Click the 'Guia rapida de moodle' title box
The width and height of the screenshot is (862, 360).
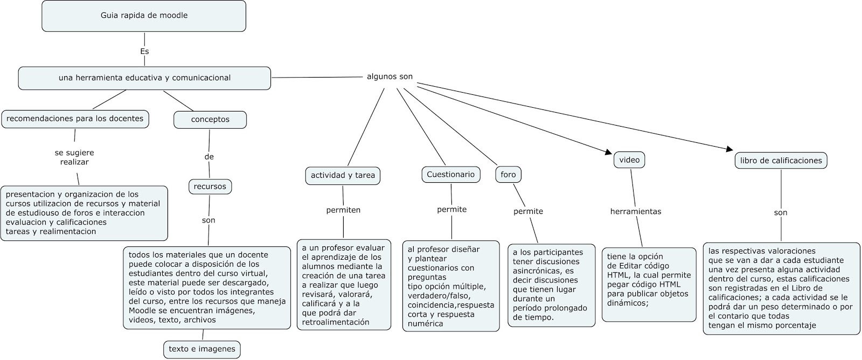pos(144,16)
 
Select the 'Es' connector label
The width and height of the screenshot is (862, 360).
pos(144,52)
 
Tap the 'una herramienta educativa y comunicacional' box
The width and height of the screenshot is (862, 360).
pos(144,78)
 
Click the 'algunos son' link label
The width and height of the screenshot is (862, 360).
pos(390,77)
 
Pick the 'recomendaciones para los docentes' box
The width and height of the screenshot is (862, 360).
pos(75,119)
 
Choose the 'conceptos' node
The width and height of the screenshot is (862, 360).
pos(210,120)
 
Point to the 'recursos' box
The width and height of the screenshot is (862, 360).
pos(210,186)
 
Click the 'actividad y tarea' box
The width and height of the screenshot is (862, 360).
pos(343,175)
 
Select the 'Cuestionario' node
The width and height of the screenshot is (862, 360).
pos(450,174)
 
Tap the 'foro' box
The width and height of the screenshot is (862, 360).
pos(508,175)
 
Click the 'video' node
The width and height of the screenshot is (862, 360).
pos(629,160)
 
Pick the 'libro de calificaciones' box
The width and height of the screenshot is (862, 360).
pos(781,160)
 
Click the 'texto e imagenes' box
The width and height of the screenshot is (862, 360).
pos(202,349)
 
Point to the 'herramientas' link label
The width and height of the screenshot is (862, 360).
pos(636,211)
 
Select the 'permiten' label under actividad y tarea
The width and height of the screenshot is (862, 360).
pos(343,210)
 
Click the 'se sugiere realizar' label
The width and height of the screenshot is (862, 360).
pos(74,157)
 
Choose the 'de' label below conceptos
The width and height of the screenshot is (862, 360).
pos(209,157)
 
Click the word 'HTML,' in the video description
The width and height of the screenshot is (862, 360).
pos(618,275)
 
